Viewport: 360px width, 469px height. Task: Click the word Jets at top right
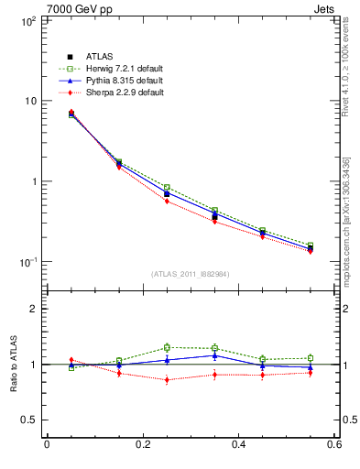[x=327, y=7]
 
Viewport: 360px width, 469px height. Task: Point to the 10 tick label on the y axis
[x=29, y=101]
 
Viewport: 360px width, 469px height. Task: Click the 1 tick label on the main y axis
[x=32, y=181]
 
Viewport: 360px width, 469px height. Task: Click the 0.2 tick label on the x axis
[x=142, y=444]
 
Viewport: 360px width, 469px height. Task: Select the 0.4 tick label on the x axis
[x=238, y=444]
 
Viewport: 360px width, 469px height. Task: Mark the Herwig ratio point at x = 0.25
[x=167, y=347]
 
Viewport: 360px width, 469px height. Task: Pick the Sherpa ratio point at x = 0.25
[x=167, y=379]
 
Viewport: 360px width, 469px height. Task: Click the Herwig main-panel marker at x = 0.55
[x=311, y=245]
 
